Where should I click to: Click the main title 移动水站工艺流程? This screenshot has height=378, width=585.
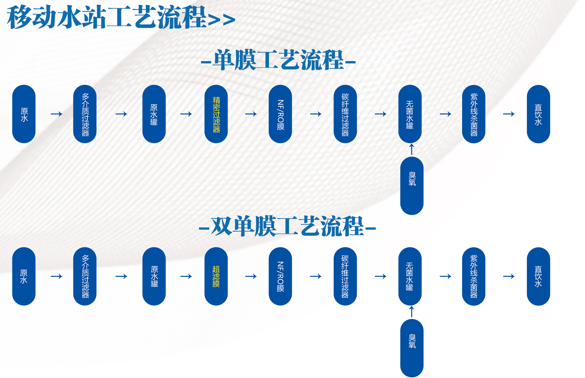pyautogui.click(x=107, y=18)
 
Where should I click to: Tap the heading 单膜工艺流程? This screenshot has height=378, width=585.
pyautogui.click(x=278, y=60)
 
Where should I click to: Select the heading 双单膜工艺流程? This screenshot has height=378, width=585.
pyautogui.click(x=287, y=226)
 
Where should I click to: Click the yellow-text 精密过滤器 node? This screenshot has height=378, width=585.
pyautogui.click(x=216, y=114)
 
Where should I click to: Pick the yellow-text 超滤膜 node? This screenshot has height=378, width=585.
pyautogui.click(x=216, y=276)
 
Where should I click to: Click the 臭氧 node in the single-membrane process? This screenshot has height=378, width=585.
pyautogui.click(x=412, y=186)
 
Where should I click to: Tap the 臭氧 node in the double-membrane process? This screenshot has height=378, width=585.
pyautogui.click(x=412, y=348)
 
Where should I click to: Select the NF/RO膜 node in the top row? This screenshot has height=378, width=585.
pyautogui.click(x=280, y=114)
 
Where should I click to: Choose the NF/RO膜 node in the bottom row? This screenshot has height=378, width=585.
pyautogui.click(x=280, y=276)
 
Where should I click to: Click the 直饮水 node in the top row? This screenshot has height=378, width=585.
pyautogui.click(x=538, y=114)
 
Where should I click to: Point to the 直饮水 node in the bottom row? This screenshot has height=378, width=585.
pyautogui.click(x=538, y=276)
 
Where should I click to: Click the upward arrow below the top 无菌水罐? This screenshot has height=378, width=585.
pyautogui.click(x=412, y=149)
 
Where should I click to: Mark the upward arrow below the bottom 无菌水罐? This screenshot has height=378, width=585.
pyautogui.click(x=412, y=312)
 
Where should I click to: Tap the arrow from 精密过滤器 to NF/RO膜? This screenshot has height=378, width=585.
pyautogui.click(x=251, y=114)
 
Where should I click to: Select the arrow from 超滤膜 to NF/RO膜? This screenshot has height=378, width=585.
pyautogui.click(x=251, y=276)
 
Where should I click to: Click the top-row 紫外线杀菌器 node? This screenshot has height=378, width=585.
pyautogui.click(x=474, y=114)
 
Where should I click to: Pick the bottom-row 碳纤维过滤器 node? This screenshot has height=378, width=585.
pyautogui.click(x=345, y=276)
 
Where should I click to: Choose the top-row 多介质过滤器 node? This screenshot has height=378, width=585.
pyautogui.click(x=85, y=114)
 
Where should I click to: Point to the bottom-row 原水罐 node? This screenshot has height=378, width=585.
pyautogui.click(x=154, y=276)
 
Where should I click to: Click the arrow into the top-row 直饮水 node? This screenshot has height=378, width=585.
pyautogui.click(x=509, y=114)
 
